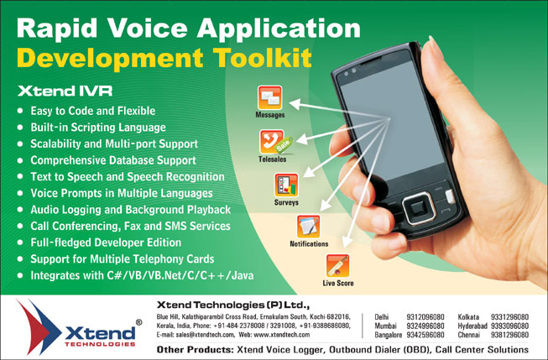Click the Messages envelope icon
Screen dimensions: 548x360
click(x=270, y=97)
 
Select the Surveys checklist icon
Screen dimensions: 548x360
click(x=286, y=185)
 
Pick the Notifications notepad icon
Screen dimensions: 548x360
click(x=308, y=227)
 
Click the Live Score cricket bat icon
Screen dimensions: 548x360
click(x=337, y=266)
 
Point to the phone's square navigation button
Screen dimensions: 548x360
click(x=418, y=208)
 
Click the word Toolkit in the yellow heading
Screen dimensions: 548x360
click(x=263, y=57)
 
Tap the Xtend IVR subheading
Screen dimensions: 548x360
click(x=65, y=91)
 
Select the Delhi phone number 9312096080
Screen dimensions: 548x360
click(x=425, y=317)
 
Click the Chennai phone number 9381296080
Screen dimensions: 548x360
click(x=509, y=335)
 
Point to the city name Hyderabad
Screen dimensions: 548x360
click(x=472, y=326)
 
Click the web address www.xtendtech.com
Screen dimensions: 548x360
click(x=282, y=335)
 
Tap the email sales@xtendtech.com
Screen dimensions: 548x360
click(x=206, y=335)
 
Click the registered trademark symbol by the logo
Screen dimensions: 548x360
click(x=138, y=322)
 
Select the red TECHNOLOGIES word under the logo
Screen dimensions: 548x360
click(x=100, y=344)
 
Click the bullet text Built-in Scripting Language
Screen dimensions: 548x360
click(x=98, y=128)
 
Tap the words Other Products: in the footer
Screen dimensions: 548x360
click(x=195, y=350)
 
